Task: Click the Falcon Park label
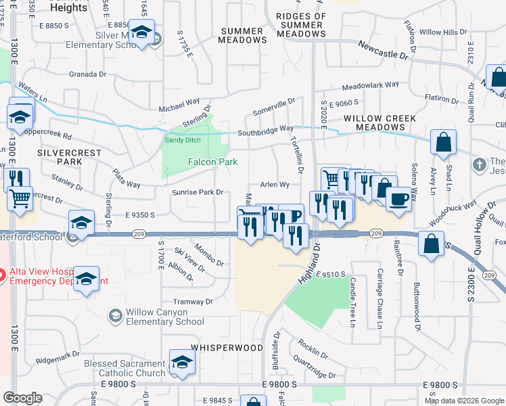pos(212,162)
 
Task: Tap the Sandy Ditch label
pos(183,140)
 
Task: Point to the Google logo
pos(22,399)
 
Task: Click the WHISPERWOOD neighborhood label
pos(227,346)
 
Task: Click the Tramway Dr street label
pos(193,302)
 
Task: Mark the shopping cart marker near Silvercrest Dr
pos(20,199)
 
